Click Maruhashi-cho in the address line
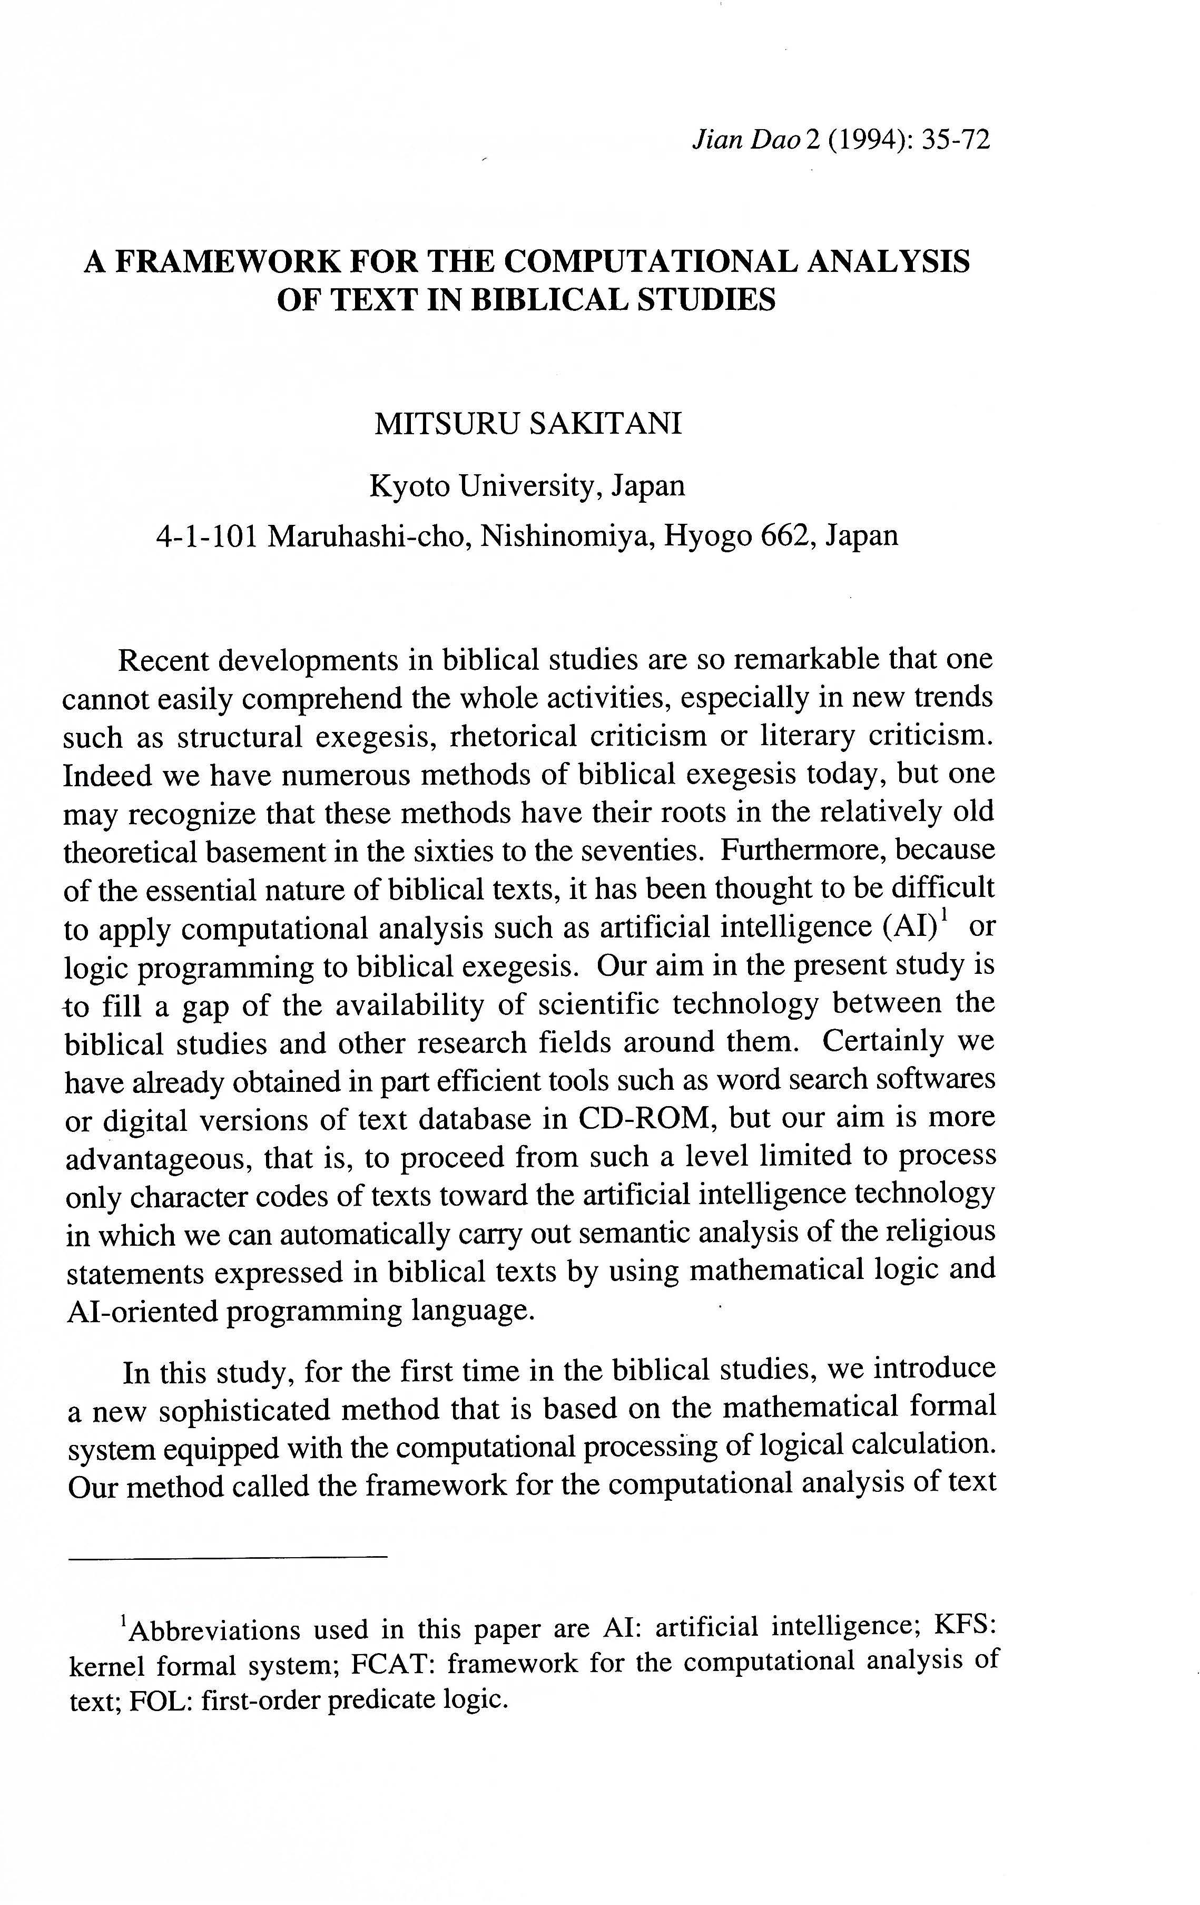point(369,535)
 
